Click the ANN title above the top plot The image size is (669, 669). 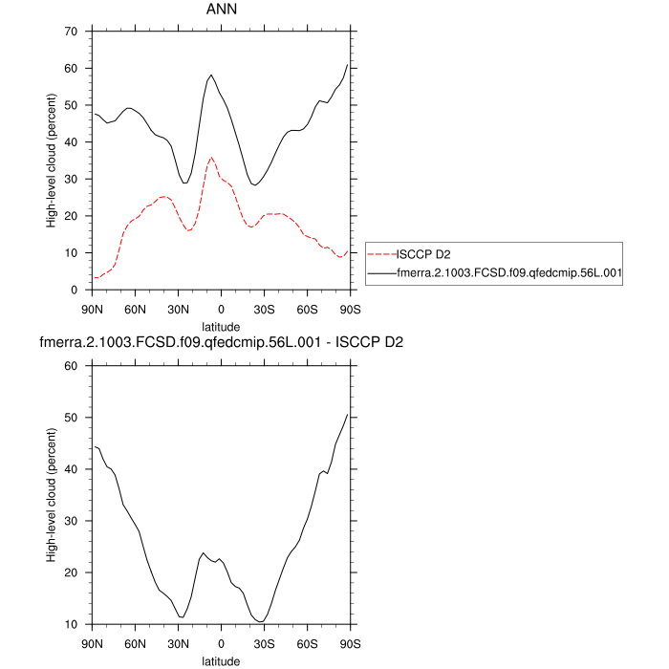(221, 10)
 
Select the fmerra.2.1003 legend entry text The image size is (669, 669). (508, 273)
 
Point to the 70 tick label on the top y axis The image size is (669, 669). (70, 32)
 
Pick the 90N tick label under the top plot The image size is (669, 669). (92, 310)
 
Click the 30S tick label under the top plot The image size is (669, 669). (265, 310)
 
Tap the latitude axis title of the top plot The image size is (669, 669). (221, 327)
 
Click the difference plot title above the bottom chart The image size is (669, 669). (221, 343)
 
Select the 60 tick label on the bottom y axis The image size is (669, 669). (70, 366)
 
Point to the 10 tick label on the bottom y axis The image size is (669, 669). (70, 625)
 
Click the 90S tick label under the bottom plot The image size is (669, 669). (351, 644)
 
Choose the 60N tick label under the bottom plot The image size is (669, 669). (135, 644)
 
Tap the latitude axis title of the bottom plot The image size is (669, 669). (221, 660)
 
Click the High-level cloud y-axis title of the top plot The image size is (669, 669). (51, 161)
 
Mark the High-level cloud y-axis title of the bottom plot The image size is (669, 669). (51, 495)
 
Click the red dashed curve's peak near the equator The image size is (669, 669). (211, 158)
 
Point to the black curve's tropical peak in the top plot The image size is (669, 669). (211, 75)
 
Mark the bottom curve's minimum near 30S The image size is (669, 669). (260, 622)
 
